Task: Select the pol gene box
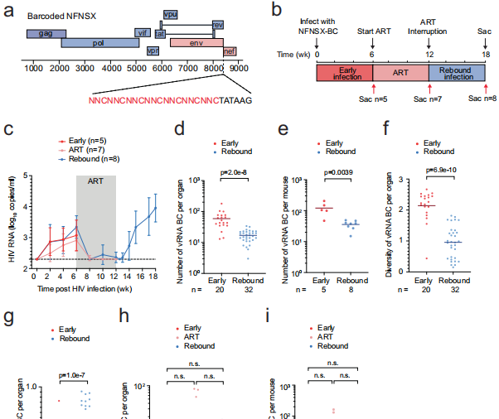click(x=99, y=43)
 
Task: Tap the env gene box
click(x=196, y=41)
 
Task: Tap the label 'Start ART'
click(x=372, y=32)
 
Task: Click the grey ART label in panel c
click(x=95, y=180)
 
